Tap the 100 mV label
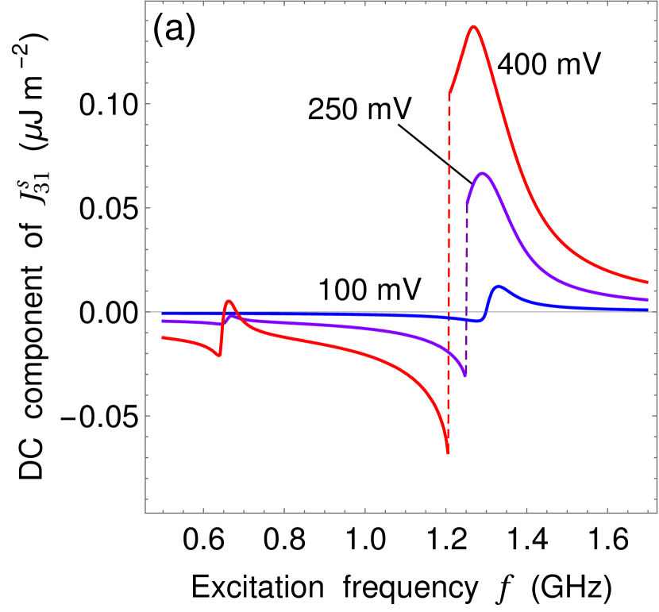(x=371, y=290)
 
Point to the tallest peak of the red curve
(x=473, y=27)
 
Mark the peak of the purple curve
(x=481, y=173)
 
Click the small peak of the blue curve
(x=498, y=287)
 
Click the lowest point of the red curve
(x=449, y=453)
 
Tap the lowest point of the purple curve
(x=465, y=375)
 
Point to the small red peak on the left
(x=229, y=301)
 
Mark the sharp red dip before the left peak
(x=219, y=356)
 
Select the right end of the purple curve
(x=648, y=300)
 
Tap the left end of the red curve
(x=162, y=337)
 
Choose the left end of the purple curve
(x=162, y=321)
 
